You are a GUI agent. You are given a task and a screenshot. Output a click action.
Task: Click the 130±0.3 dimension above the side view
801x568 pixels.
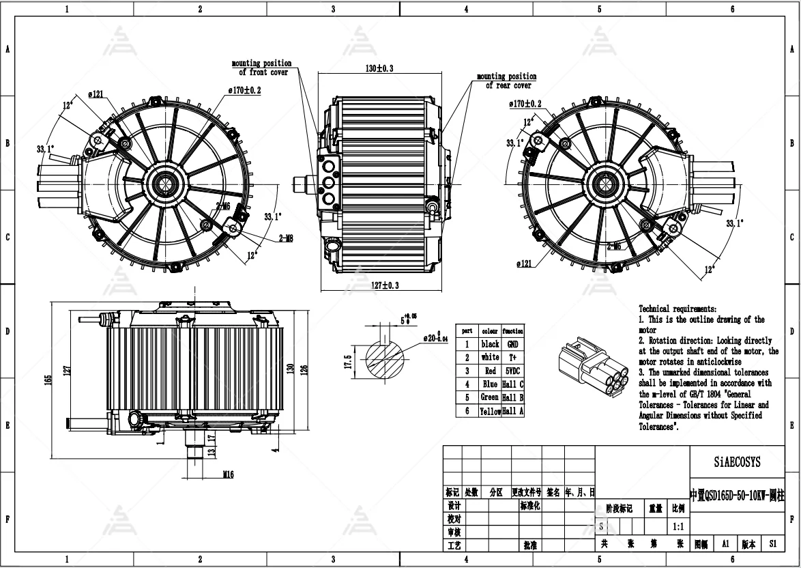379,68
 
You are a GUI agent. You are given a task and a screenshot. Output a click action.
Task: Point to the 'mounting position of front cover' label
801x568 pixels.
263,68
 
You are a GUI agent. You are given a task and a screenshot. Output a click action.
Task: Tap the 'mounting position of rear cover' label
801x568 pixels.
507,81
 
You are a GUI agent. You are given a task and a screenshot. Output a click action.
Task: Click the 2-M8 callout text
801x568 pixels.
286,238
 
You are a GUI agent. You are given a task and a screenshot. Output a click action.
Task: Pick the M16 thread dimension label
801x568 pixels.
228,474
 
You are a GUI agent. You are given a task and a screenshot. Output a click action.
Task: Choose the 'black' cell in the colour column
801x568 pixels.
490,344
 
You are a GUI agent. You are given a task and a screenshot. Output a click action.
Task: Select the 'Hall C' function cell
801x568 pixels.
512,384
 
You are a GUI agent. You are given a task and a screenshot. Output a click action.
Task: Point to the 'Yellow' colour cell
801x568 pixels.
490,411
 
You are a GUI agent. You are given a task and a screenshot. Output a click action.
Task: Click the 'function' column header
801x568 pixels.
512,330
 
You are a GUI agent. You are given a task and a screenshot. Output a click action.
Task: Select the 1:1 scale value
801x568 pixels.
678,526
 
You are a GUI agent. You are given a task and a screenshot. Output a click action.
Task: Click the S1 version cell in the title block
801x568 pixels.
772,544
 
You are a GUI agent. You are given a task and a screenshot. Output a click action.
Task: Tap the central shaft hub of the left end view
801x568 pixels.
164,182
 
